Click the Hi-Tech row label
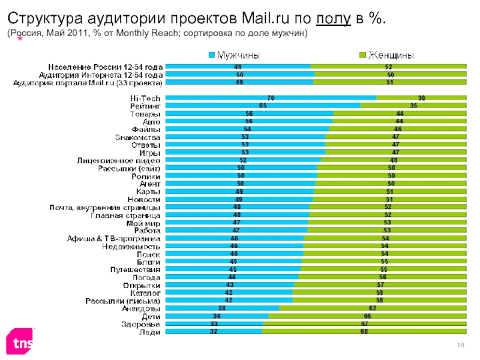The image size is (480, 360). (x=145, y=98)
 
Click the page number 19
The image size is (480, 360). (x=462, y=343)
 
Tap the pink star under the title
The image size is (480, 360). (x=20, y=38)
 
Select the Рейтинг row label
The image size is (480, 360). (x=145, y=106)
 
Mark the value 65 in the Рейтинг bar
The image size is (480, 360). (x=263, y=106)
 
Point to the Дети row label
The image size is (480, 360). (x=150, y=316)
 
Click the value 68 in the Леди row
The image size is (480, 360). (x=364, y=331)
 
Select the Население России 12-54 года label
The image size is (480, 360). (x=105, y=67)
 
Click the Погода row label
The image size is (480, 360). (x=146, y=278)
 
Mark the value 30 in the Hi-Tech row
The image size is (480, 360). (x=422, y=98)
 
